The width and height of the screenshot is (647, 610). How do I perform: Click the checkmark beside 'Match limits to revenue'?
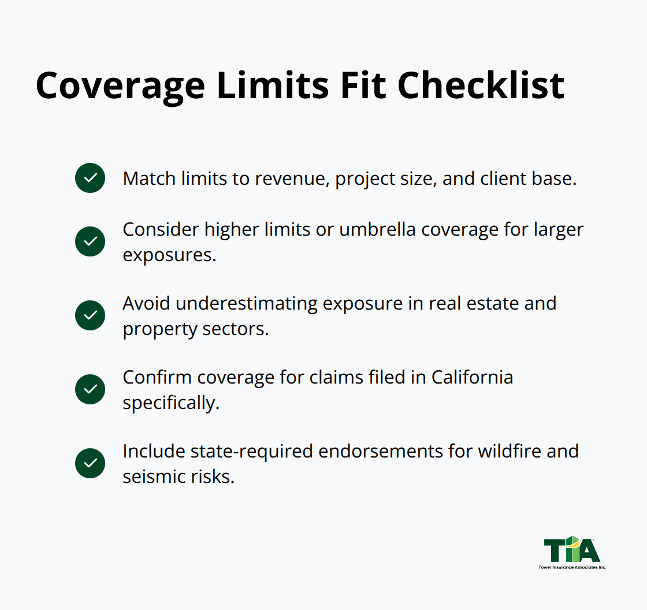point(90,178)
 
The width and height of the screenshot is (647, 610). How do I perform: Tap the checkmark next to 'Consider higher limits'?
point(90,241)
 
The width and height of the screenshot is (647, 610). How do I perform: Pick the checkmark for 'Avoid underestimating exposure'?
point(90,315)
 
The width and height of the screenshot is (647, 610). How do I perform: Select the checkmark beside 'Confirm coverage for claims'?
point(90,389)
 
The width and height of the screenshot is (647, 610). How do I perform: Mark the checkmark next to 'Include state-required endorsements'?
point(90,463)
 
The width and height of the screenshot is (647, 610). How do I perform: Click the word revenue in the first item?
point(289,178)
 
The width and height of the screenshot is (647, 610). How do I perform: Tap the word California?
point(472,377)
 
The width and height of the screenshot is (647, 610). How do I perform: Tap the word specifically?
point(170,403)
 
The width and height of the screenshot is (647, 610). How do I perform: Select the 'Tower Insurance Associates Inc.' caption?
point(572,567)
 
